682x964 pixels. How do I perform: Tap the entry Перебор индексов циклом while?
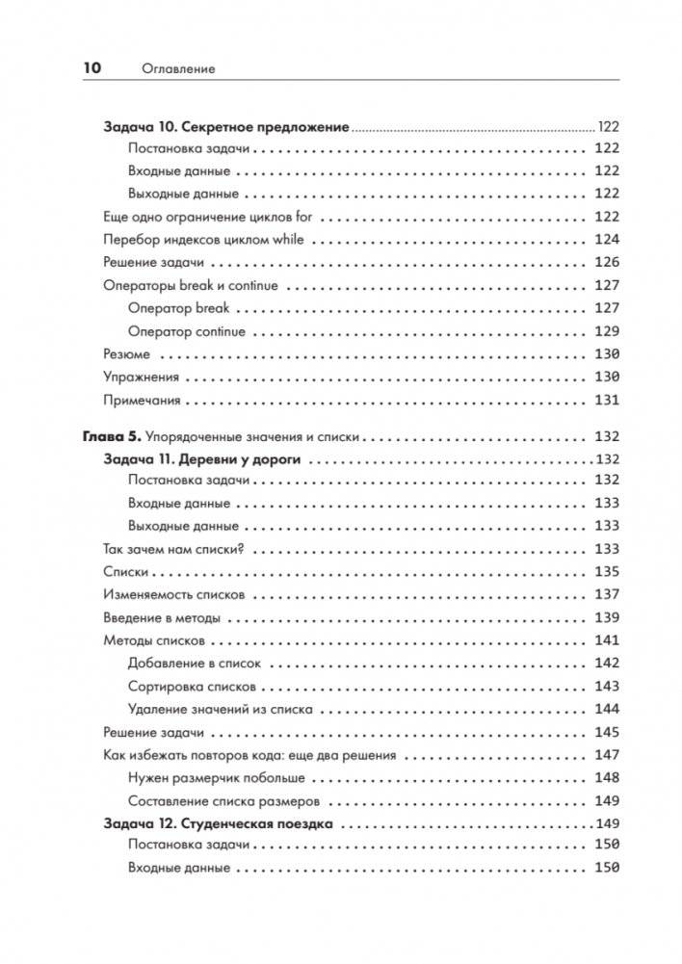pos(204,239)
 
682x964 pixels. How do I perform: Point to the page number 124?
pos(606,239)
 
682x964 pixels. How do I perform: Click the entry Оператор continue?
pos(186,331)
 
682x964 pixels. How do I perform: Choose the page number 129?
pos(606,331)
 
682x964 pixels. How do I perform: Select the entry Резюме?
pos(125,353)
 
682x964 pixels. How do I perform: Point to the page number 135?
pos(606,572)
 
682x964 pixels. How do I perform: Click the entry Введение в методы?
pos(161,617)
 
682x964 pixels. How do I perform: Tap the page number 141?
pos(606,640)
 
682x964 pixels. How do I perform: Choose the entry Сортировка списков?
pos(192,687)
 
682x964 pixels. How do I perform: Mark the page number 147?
pos(606,755)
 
